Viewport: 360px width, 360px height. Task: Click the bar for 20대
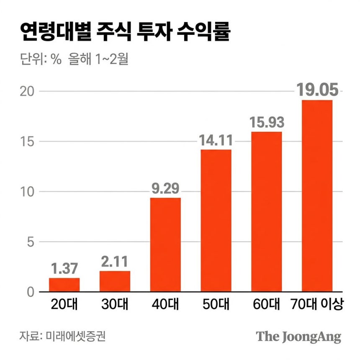click(64, 285)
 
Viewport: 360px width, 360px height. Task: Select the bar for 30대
click(115, 281)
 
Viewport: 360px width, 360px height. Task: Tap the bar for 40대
click(165, 245)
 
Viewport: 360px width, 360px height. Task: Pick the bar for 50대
click(216, 221)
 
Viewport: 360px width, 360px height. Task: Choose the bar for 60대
click(267, 212)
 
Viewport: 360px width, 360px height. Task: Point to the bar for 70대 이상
click(317, 196)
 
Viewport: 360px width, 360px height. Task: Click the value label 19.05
click(317, 90)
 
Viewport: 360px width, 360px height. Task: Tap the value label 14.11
click(216, 140)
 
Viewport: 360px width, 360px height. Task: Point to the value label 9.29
click(165, 188)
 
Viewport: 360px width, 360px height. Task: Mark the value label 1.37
click(64, 268)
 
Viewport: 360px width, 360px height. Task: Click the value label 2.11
click(115, 262)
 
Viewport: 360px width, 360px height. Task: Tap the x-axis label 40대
click(165, 304)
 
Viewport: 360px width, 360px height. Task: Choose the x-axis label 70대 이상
click(317, 304)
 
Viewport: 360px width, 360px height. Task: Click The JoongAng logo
click(298, 336)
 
